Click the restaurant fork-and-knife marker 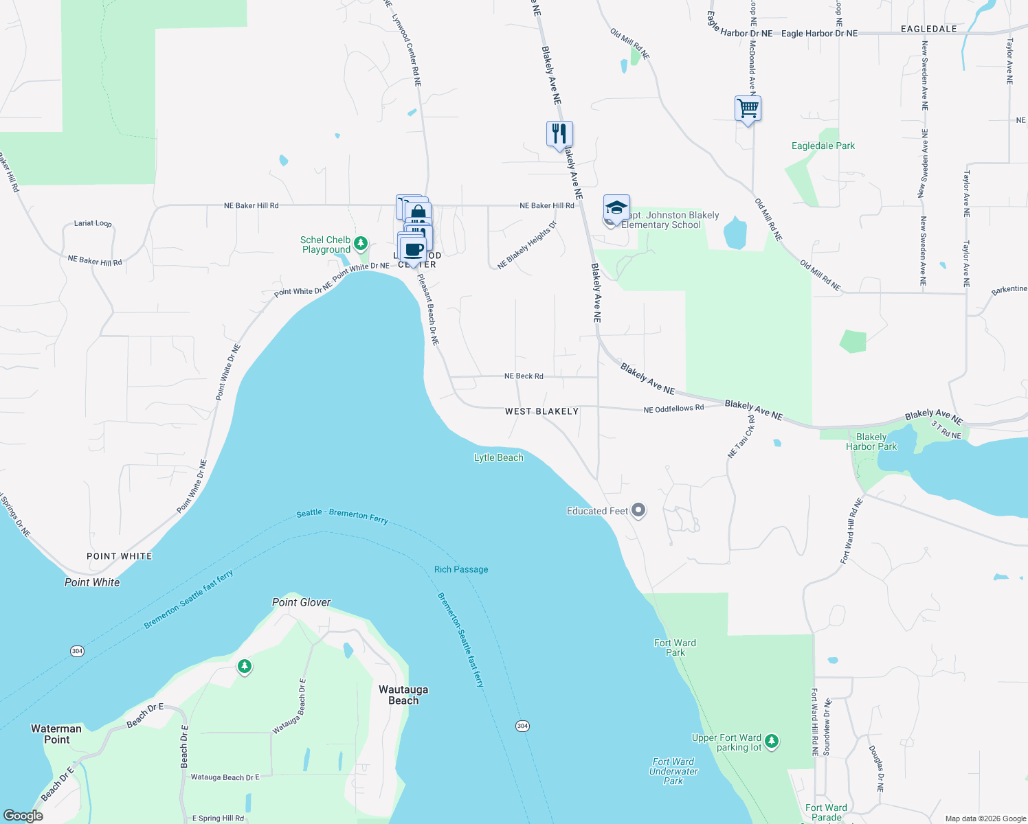(x=559, y=133)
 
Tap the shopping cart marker (x=748, y=108)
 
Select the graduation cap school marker (x=616, y=207)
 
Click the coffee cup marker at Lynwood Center (x=413, y=249)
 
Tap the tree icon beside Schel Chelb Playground (x=361, y=243)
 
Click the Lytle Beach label (x=499, y=458)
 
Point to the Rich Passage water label (x=461, y=569)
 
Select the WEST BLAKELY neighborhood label (x=541, y=411)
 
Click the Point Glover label (x=301, y=602)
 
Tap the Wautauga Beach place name (x=403, y=695)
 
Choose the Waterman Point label (x=56, y=734)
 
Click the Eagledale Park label (x=823, y=146)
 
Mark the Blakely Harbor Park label (x=871, y=442)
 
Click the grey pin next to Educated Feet (x=638, y=510)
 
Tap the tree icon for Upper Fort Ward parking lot (x=772, y=740)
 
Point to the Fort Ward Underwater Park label (x=673, y=771)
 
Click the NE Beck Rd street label (x=524, y=376)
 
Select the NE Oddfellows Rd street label (x=673, y=409)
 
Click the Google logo (x=23, y=816)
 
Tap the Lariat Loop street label (x=93, y=223)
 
